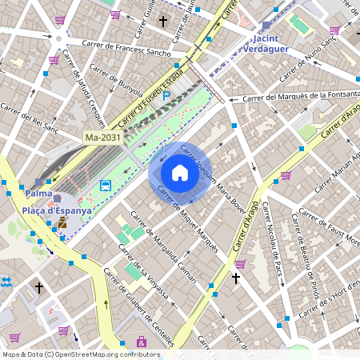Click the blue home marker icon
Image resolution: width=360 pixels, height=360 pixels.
click(180, 172)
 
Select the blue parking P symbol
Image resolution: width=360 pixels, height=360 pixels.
click(166, 96)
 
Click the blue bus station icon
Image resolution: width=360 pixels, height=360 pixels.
click(106, 186)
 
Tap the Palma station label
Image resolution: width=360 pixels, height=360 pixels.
click(38, 194)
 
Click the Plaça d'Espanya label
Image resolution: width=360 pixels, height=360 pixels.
click(56, 210)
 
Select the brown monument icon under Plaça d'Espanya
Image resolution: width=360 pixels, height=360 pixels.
click(62, 223)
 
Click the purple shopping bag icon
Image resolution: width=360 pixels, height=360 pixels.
click(142, 342)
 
